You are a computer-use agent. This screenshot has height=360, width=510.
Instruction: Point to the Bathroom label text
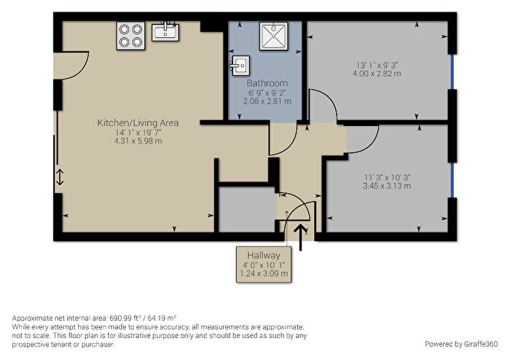pos(267,83)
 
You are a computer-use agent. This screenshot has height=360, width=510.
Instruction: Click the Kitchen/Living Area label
pos(138,122)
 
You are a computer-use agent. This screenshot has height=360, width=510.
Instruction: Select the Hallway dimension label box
pos(263,264)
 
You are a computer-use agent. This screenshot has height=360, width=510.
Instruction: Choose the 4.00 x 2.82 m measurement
pos(377,73)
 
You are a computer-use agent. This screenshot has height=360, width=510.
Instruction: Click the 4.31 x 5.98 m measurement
pos(138,141)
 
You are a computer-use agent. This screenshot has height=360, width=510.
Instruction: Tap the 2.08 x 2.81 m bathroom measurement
pos(267,101)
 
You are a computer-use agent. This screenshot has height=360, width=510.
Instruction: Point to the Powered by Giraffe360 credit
pos(460,343)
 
